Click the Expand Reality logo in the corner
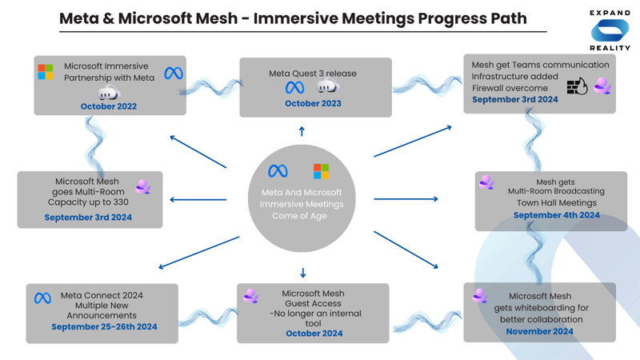tap(610, 30)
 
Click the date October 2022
tap(109, 106)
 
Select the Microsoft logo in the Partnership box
tap(46, 72)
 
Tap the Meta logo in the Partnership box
tap(174, 73)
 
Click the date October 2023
tap(313, 103)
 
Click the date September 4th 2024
tap(556, 215)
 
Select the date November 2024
tap(539, 331)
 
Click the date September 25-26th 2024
tap(104, 326)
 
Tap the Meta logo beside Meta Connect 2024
tap(43, 298)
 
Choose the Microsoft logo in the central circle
tap(321, 170)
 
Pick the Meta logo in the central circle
tap(278, 171)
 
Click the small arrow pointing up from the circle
tap(302, 131)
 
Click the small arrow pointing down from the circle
tap(302, 273)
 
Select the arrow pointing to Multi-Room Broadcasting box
tap(406, 199)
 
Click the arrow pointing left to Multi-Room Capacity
tap(198, 200)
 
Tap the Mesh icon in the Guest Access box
tap(251, 297)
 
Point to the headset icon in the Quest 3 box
tap(327, 86)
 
